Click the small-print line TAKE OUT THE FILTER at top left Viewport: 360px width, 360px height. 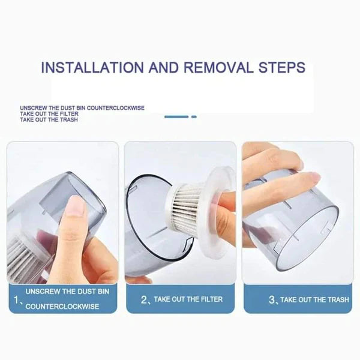(x=49, y=114)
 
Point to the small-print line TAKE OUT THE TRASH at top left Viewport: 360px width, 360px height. (x=49, y=120)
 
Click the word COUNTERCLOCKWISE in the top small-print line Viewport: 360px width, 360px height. (x=116, y=108)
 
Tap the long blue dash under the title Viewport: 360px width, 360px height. (x=176, y=116)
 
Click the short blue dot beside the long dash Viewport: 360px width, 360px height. (x=194, y=116)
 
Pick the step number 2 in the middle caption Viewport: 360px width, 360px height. (x=144, y=299)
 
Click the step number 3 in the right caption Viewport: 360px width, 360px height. (x=272, y=299)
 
